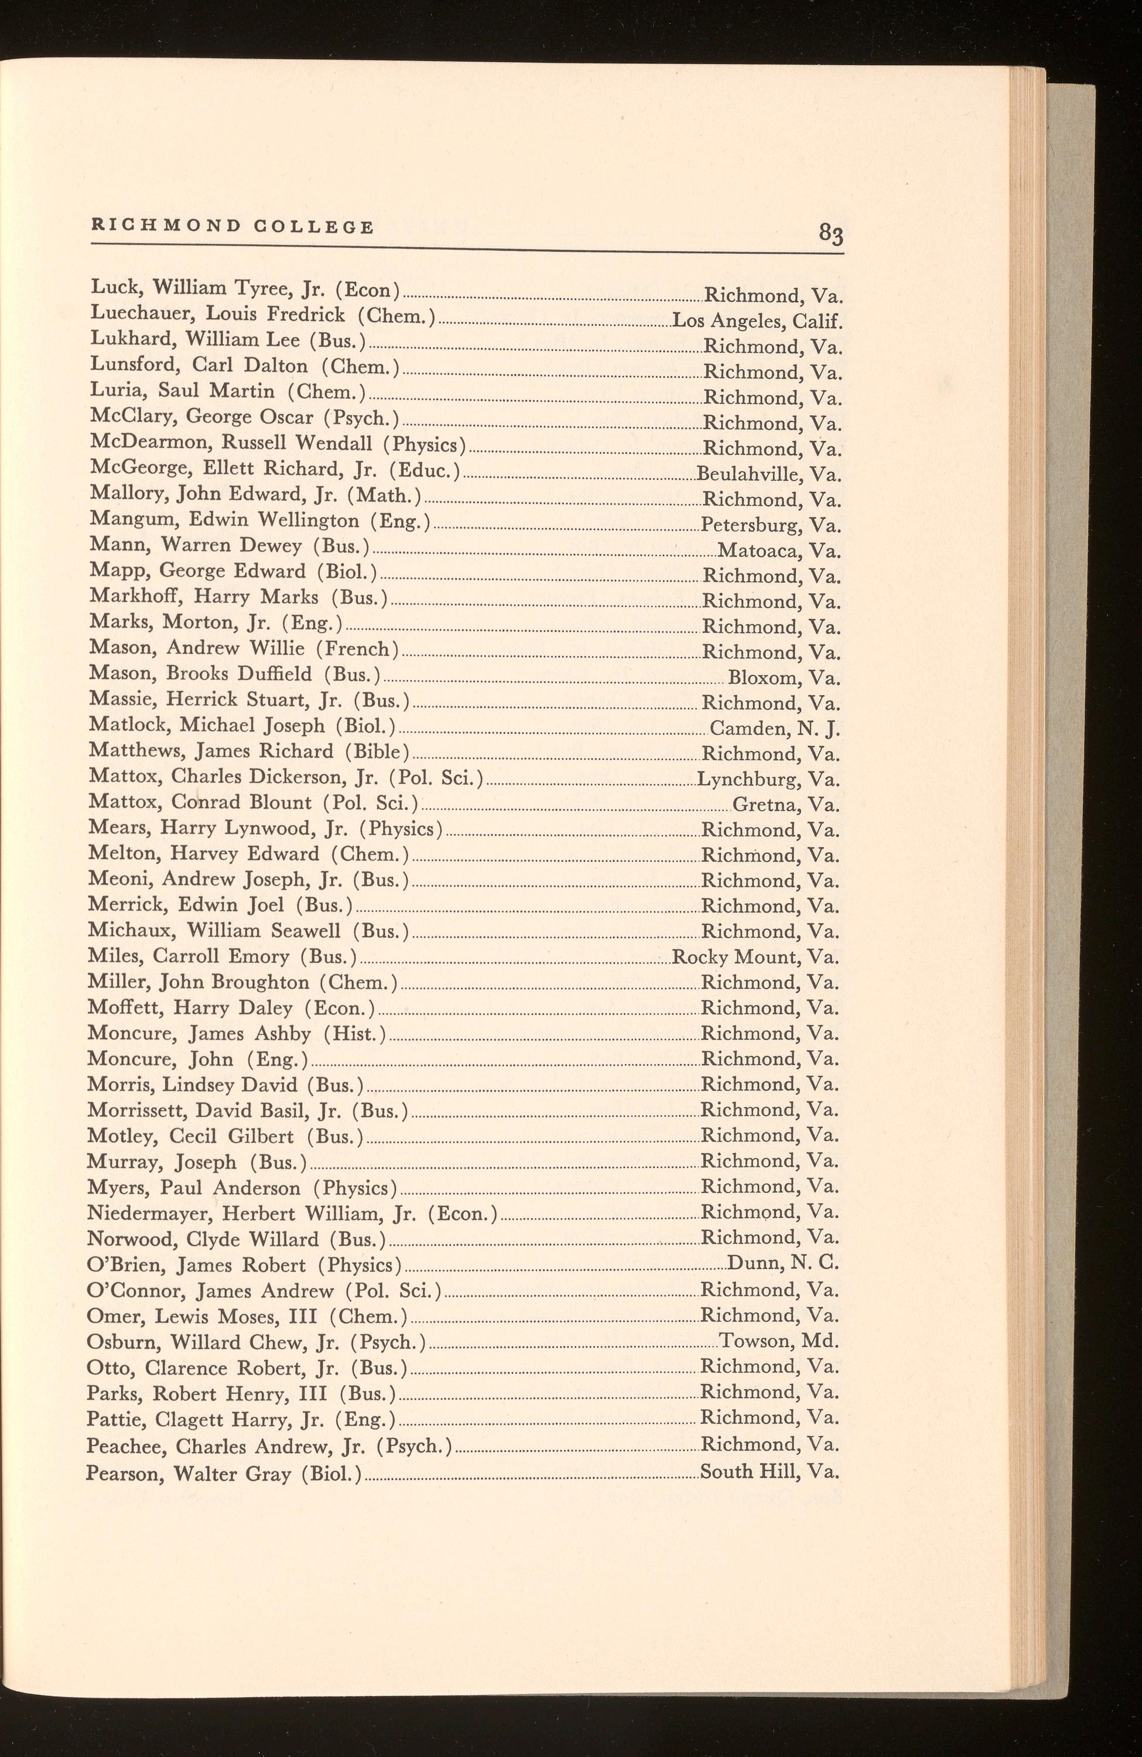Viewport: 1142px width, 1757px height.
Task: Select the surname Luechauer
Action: (x=136, y=315)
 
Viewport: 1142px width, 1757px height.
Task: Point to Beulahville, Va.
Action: (x=769, y=474)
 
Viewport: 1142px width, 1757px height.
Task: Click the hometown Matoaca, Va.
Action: (x=779, y=551)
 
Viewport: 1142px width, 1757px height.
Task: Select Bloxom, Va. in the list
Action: (x=784, y=678)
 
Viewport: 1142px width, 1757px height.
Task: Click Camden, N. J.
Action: (x=775, y=729)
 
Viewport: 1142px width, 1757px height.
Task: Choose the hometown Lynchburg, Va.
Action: (x=768, y=780)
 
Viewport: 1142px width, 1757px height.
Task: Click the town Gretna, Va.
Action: (x=786, y=805)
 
